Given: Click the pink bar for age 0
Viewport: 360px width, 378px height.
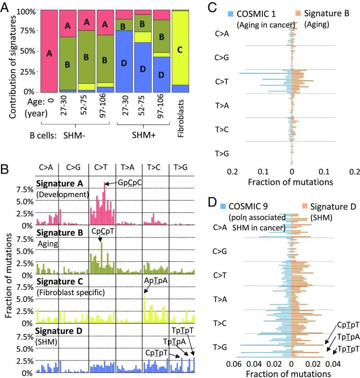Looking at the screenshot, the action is pyautogui.click(x=49, y=52).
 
